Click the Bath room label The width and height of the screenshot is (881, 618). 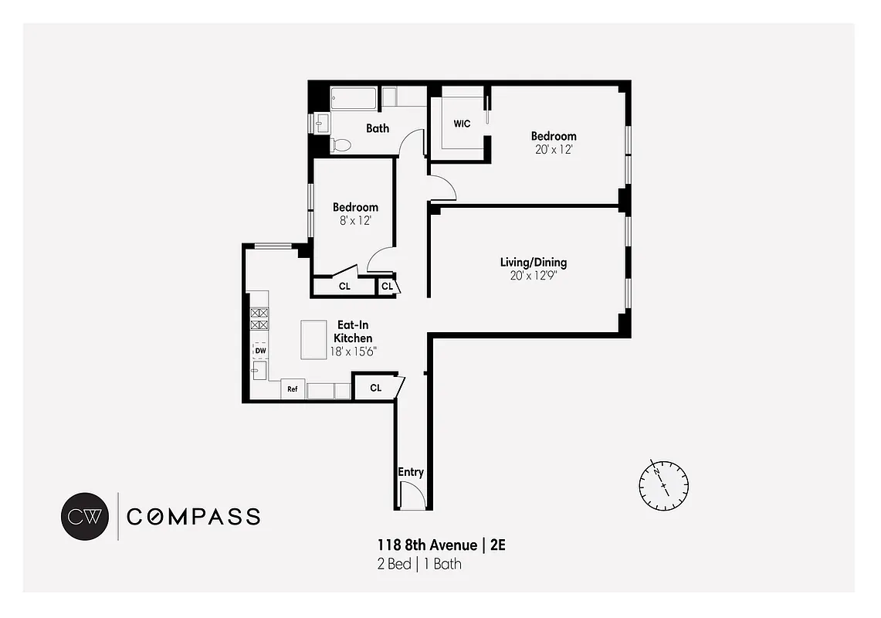click(x=378, y=128)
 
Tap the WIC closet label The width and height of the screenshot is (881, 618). click(x=462, y=124)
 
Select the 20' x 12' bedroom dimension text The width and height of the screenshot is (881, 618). click(x=553, y=150)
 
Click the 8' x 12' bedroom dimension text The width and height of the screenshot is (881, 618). click(x=355, y=220)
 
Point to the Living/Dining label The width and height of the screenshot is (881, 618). click(x=534, y=263)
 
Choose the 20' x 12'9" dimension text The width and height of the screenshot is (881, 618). click(x=534, y=276)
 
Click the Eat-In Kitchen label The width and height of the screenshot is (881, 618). click(x=353, y=331)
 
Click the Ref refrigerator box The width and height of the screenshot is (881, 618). click(x=293, y=389)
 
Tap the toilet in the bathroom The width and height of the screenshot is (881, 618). click(x=341, y=144)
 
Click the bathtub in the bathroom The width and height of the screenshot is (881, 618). click(x=354, y=98)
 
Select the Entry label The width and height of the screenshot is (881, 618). click(x=411, y=472)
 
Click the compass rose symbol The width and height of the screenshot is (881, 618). click(x=663, y=485)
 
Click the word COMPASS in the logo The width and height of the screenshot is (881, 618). click(x=193, y=517)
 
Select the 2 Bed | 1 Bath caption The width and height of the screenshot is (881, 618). click(x=419, y=564)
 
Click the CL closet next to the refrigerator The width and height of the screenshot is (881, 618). click(x=376, y=388)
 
